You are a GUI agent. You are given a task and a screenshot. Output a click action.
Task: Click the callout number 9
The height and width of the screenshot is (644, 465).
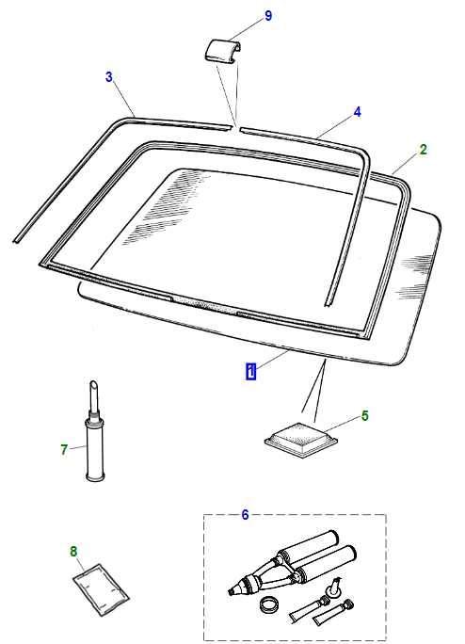pyautogui.click(x=268, y=16)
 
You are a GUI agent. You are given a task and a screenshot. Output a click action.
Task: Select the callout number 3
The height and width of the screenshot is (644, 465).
pyautogui.click(x=109, y=77)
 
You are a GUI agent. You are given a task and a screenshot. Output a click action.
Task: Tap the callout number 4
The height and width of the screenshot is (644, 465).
pyautogui.click(x=358, y=112)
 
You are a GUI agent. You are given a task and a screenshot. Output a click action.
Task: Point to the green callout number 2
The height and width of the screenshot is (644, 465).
pyautogui.click(x=423, y=150)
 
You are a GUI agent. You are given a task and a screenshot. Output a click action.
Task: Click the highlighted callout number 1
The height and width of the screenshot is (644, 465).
pyautogui.click(x=251, y=371)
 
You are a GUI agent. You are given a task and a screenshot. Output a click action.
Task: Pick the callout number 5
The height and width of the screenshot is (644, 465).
pyautogui.click(x=365, y=415)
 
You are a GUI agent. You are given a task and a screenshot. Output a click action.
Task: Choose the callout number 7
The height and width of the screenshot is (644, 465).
pyautogui.click(x=64, y=449)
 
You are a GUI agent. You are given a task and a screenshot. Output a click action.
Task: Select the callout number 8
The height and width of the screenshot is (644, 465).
pyautogui.click(x=73, y=552)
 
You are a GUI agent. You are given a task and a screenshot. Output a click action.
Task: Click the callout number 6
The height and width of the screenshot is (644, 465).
pyautogui.click(x=246, y=515)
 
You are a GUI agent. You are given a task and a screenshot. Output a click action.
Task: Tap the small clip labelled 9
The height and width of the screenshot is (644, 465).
pyautogui.click(x=222, y=52)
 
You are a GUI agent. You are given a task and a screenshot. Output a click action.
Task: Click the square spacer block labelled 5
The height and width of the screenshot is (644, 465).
pyautogui.click(x=301, y=440)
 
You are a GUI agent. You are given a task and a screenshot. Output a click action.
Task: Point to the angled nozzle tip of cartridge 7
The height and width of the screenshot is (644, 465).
pyautogui.click(x=94, y=384)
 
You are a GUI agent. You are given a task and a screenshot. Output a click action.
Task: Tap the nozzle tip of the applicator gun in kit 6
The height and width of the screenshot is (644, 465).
pyautogui.click(x=230, y=592)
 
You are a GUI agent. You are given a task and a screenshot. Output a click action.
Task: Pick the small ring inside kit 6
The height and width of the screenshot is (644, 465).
pyautogui.click(x=269, y=604)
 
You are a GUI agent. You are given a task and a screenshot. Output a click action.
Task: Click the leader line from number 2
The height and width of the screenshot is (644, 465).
pyautogui.click(x=406, y=165)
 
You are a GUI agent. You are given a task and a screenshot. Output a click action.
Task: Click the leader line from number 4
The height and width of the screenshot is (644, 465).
pyautogui.click(x=335, y=127)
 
